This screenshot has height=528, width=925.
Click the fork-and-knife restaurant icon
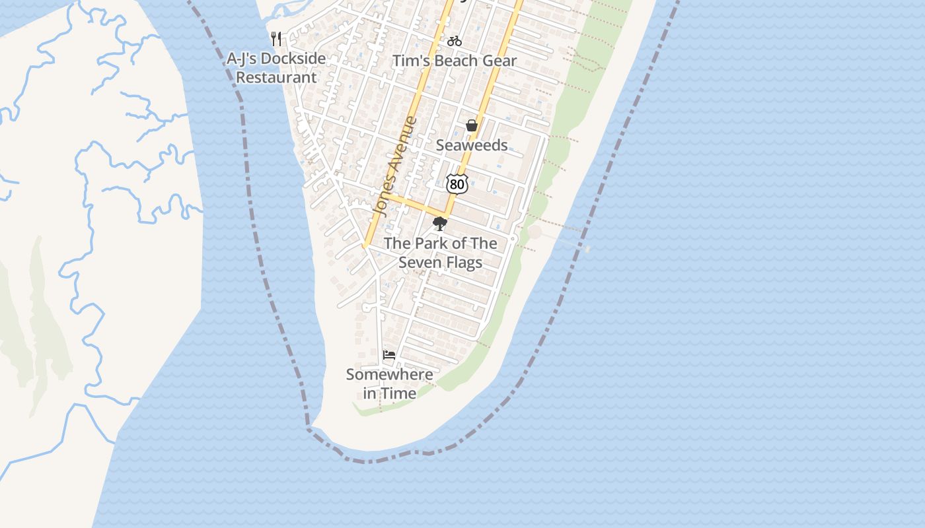(x=276, y=39)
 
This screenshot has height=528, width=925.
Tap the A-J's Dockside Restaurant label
(x=276, y=68)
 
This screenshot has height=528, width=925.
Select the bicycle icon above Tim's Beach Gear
(x=455, y=41)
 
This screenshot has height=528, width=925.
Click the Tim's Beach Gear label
(x=455, y=61)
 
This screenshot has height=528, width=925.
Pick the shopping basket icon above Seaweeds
(x=472, y=125)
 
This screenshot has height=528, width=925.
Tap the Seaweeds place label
(x=472, y=145)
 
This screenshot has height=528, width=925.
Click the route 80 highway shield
(x=457, y=184)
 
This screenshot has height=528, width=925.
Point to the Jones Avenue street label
(x=395, y=167)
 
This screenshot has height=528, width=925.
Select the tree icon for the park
(x=440, y=224)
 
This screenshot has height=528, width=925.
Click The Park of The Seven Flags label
(x=441, y=253)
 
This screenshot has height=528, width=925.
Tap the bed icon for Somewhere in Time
(x=389, y=355)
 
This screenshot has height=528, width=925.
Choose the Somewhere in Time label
(x=390, y=383)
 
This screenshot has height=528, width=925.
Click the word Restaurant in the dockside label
(x=276, y=77)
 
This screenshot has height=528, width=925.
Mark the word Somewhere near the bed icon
(x=390, y=374)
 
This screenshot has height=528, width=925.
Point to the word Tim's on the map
(x=410, y=61)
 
